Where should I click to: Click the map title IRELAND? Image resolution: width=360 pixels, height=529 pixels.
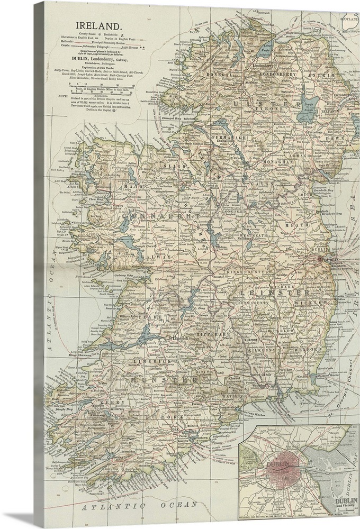tap(100, 25)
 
